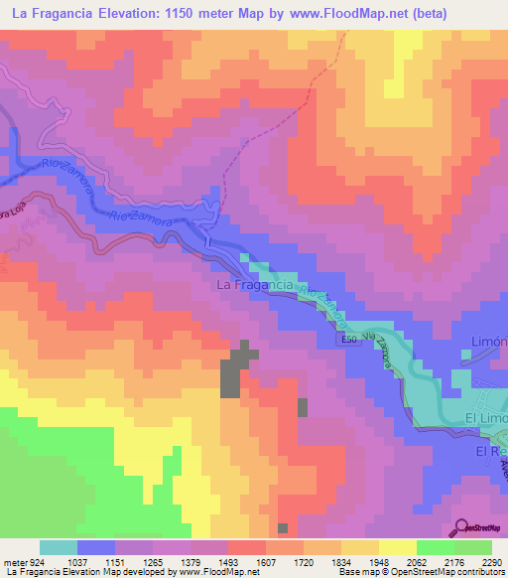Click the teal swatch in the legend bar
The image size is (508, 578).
coord(58,547)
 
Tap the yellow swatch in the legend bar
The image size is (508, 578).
coord(397,547)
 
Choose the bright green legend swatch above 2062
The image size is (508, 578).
coord(435,547)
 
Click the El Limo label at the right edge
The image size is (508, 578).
coord(486,420)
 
